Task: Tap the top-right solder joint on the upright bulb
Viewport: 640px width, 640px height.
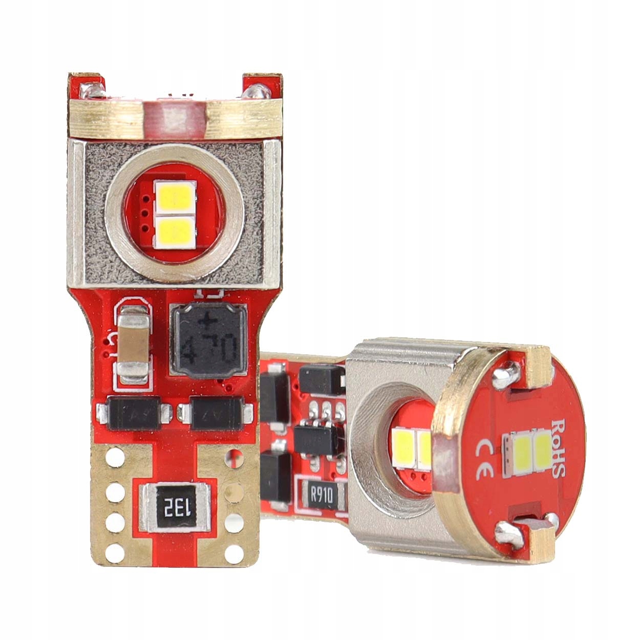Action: (255, 92)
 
